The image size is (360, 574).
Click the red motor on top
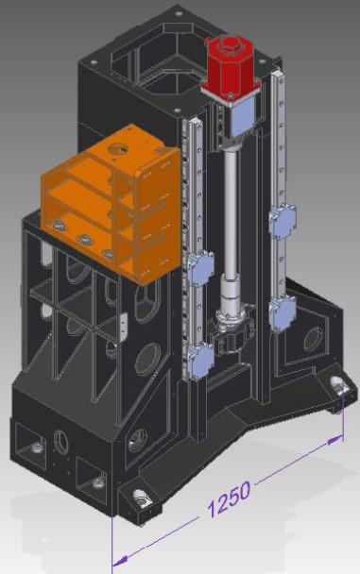click(231, 67)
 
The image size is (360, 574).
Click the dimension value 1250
click(230, 499)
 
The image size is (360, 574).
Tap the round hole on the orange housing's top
click(117, 149)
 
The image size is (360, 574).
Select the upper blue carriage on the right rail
click(283, 221)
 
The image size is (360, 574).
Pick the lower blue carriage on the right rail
click(282, 313)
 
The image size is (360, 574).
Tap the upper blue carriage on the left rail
click(200, 269)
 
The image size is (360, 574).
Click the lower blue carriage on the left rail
click(200, 361)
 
